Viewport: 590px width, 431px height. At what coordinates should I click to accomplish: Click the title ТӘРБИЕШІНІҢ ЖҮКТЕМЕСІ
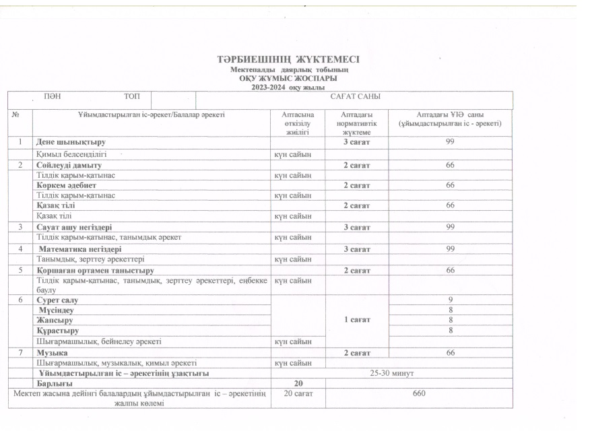[x=289, y=60]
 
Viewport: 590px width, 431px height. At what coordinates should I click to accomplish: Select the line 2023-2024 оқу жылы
[x=288, y=88]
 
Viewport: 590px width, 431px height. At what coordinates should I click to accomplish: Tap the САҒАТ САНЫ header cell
[x=355, y=98]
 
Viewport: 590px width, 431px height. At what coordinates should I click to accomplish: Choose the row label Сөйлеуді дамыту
[x=69, y=164]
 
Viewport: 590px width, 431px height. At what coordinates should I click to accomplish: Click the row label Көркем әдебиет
[x=66, y=185]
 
